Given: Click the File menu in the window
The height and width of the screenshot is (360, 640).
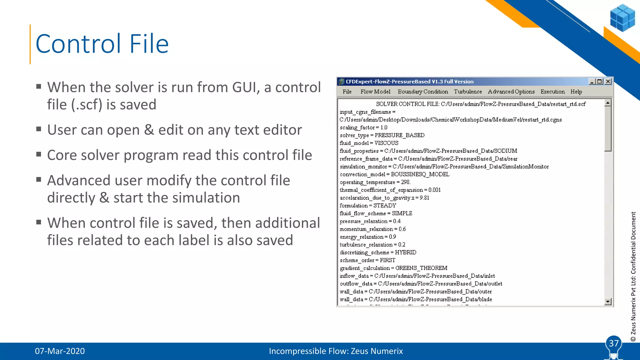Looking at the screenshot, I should point(347,92).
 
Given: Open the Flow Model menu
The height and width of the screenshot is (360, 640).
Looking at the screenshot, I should point(375,92).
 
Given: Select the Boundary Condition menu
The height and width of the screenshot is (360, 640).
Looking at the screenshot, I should point(423,92).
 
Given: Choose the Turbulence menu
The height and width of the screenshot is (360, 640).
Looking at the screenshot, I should point(468,92).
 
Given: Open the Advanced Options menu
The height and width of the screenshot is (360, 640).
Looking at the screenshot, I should point(511,92).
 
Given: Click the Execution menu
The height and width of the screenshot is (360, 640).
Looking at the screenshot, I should point(552,92).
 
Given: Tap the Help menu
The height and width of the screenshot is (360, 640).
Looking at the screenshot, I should point(576,92).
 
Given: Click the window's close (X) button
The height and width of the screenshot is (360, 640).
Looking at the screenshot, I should point(608,82).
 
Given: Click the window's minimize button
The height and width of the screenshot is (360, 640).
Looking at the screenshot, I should point(592,82).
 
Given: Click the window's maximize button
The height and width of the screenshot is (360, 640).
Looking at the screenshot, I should point(600,82).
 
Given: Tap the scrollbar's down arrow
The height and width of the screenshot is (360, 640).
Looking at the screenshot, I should point(608,302).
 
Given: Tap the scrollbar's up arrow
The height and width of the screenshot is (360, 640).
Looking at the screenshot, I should point(608,103).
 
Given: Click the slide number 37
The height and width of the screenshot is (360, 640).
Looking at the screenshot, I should point(613,343).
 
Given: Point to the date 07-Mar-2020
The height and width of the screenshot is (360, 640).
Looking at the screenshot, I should point(60,351).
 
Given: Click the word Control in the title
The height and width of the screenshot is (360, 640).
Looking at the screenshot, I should point(78,44).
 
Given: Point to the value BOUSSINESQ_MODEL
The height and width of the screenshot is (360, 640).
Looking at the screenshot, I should point(420,174).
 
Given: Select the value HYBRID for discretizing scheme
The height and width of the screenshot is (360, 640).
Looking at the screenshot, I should point(406,252).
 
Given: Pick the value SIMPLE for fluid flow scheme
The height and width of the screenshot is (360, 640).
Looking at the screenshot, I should point(402,213).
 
